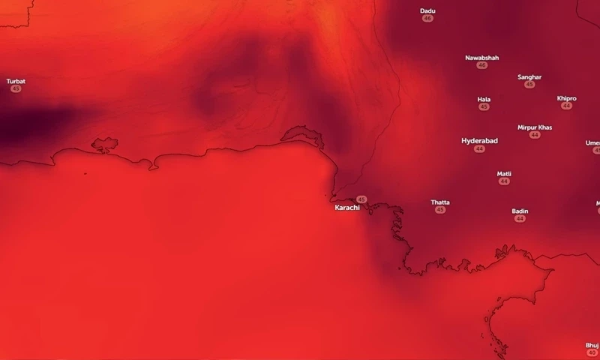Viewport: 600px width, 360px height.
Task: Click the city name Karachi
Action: point(347,207)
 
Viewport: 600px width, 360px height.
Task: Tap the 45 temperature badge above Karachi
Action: point(362,199)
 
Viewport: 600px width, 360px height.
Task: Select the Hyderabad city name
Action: point(479,140)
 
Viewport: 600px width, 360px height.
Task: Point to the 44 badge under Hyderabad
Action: point(479,149)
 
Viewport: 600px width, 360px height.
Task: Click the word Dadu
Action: point(427,10)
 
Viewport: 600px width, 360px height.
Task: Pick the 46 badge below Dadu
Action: point(427,18)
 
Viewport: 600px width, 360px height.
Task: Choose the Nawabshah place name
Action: point(481,58)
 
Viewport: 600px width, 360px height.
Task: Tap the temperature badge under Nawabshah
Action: point(481,66)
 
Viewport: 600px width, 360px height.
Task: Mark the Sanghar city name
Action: point(529,76)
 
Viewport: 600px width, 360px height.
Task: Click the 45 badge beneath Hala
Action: point(484,107)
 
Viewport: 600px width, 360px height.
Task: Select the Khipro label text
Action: point(566,98)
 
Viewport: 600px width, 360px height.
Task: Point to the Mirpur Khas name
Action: point(535,127)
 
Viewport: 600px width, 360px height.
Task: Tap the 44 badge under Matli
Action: point(504,181)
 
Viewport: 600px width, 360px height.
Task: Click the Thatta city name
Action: point(440,202)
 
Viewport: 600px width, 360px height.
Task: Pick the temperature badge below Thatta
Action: point(440,210)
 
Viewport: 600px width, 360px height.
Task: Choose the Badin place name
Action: point(520,211)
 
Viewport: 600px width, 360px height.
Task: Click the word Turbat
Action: point(16,81)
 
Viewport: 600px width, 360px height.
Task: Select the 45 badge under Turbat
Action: point(16,89)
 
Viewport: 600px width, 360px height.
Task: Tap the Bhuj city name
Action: point(592,345)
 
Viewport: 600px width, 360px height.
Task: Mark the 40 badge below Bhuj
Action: point(592,353)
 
